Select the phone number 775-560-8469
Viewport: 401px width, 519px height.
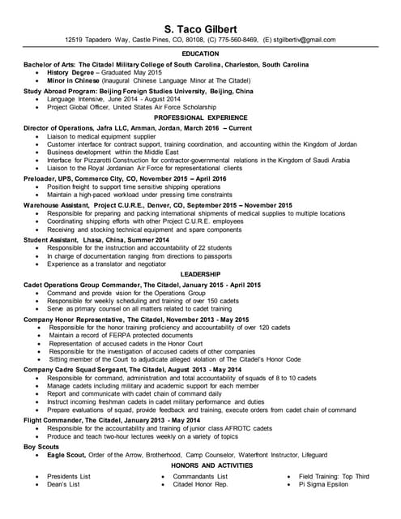click(233, 39)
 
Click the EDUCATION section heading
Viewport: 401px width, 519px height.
click(200, 54)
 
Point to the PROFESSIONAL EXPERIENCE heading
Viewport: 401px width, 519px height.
click(200, 118)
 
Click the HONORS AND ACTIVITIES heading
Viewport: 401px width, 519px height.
click(200, 466)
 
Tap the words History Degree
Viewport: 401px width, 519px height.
click(70, 72)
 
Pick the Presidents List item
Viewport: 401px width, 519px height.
click(69, 476)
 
